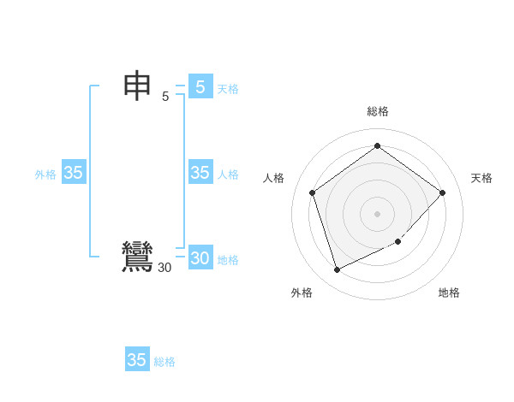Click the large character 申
click(x=137, y=86)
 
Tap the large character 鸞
click(x=137, y=257)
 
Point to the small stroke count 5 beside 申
click(x=165, y=97)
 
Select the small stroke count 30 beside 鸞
click(x=164, y=268)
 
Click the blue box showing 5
click(x=200, y=86)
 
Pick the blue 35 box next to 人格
click(x=200, y=173)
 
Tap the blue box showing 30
click(x=200, y=258)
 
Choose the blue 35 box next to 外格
click(x=73, y=173)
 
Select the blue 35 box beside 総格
click(x=137, y=360)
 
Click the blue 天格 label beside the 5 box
click(x=228, y=88)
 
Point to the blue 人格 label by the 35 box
click(x=228, y=174)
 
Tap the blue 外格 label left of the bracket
click(x=45, y=174)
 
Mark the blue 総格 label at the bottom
click(x=164, y=362)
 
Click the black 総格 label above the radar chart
click(x=378, y=111)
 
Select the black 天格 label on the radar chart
click(x=481, y=178)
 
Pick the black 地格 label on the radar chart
click(x=449, y=293)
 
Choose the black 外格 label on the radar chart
click(x=302, y=293)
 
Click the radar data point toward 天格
click(x=442, y=192)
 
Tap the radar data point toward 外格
click(x=337, y=270)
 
